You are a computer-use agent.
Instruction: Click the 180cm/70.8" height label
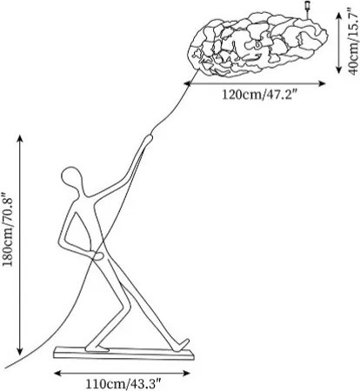pos(8,229)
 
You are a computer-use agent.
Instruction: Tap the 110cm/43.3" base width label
pos(123,384)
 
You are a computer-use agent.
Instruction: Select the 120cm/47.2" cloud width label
pos(260,94)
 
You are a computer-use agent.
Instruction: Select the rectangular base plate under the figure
pos(123,354)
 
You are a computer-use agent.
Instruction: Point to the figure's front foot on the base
pos(97,348)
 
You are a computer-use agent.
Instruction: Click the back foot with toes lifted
pos(183,345)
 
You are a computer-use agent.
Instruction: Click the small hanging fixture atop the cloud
pos(307,9)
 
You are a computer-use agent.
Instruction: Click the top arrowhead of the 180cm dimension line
pos(20,138)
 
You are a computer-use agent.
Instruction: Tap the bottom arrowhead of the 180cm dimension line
pos(20,351)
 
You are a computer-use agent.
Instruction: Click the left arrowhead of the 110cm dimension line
pos(57,374)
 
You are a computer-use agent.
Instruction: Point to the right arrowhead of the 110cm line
pos(186,374)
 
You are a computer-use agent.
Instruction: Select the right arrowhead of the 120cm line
pos(322,83)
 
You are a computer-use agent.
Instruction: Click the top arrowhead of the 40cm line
pos(339,17)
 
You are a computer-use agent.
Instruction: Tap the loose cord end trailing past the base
pos(6,368)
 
